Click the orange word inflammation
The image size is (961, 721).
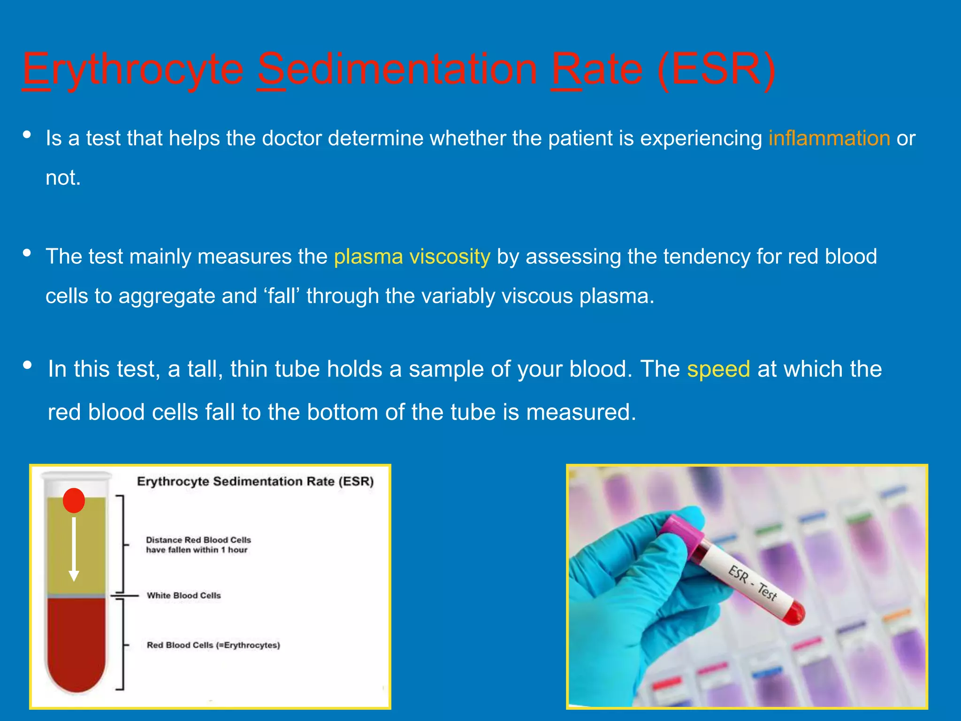(829, 138)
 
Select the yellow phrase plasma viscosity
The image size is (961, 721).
(412, 257)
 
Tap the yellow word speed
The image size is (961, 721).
(718, 369)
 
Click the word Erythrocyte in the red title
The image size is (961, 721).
(133, 69)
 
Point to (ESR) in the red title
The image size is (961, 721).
(716, 69)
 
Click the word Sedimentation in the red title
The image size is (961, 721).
(397, 69)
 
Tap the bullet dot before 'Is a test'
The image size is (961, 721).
(27, 135)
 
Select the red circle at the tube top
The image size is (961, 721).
(74, 500)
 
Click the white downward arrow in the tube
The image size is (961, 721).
(74, 549)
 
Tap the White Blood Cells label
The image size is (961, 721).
(183, 595)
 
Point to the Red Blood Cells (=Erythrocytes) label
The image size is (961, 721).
(213, 645)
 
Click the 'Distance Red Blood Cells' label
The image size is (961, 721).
(198, 545)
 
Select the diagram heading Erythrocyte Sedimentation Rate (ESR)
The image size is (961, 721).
(255, 482)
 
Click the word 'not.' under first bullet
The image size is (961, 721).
(63, 178)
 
